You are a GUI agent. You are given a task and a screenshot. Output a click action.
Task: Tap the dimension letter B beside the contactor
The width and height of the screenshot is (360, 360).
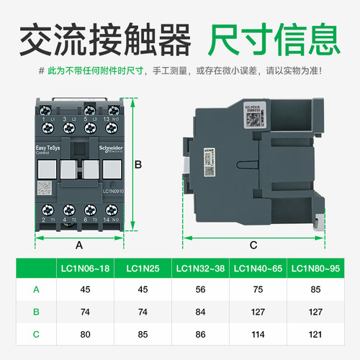click(x=138, y=166)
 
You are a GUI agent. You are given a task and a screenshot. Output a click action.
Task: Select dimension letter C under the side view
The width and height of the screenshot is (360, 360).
click(x=253, y=245)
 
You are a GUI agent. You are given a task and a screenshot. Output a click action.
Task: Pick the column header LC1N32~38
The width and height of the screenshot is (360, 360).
click(x=200, y=269)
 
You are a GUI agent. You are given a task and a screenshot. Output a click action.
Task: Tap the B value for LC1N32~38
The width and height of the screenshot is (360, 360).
click(x=200, y=312)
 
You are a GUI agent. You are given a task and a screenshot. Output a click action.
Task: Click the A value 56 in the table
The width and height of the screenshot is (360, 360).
click(x=200, y=290)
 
